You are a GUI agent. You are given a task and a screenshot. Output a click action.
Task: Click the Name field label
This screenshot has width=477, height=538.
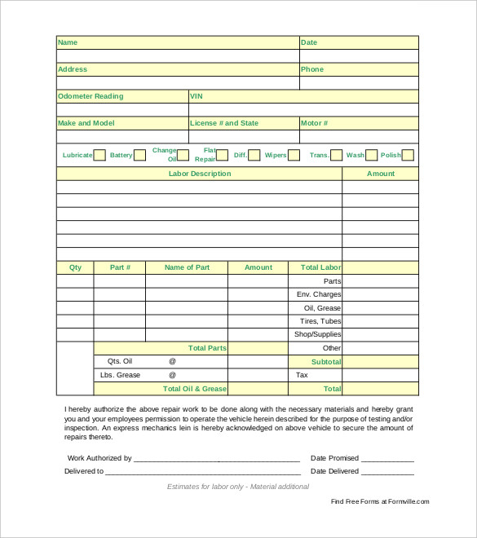(68, 42)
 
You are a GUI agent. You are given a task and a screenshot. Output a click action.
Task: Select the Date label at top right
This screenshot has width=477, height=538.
(309, 42)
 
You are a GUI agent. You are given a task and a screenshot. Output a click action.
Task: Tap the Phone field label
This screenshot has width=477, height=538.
(312, 69)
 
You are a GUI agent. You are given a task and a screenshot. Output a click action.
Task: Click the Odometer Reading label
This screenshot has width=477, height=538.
(91, 96)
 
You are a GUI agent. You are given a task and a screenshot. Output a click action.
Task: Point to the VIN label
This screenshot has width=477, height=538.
(197, 96)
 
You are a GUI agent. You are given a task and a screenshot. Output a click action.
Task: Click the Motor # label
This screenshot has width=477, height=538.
(315, 123)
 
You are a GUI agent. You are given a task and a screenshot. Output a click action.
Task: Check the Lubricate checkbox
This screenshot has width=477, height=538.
(99, 155)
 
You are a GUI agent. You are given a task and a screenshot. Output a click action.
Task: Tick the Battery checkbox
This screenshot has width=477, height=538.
(139, 155)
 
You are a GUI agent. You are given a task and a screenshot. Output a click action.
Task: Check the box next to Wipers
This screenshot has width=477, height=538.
(294, 155)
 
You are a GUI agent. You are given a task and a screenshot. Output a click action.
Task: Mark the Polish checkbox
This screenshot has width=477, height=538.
(408, 155)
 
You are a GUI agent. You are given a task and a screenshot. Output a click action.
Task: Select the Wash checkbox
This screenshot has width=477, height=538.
(372, 155)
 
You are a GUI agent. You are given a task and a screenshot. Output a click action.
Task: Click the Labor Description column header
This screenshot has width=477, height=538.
(200, 174)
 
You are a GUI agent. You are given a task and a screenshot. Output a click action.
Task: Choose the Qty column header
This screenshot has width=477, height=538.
(75, 267)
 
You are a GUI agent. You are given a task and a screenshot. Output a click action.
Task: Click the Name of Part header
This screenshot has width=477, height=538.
(187, 267)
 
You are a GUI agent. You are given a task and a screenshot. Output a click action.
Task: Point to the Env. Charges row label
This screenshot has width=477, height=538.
(319, 294)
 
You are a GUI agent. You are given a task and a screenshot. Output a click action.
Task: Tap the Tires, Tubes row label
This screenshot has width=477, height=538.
(320, 321)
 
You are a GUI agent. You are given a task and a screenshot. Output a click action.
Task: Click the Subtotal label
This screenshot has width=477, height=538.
(326, 361)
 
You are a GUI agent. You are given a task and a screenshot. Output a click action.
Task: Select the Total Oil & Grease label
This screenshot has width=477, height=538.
(195, 389)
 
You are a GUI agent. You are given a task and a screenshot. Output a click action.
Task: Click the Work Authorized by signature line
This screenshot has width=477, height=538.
(216, 459)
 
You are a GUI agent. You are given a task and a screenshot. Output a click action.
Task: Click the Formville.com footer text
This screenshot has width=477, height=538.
(380, 501)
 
